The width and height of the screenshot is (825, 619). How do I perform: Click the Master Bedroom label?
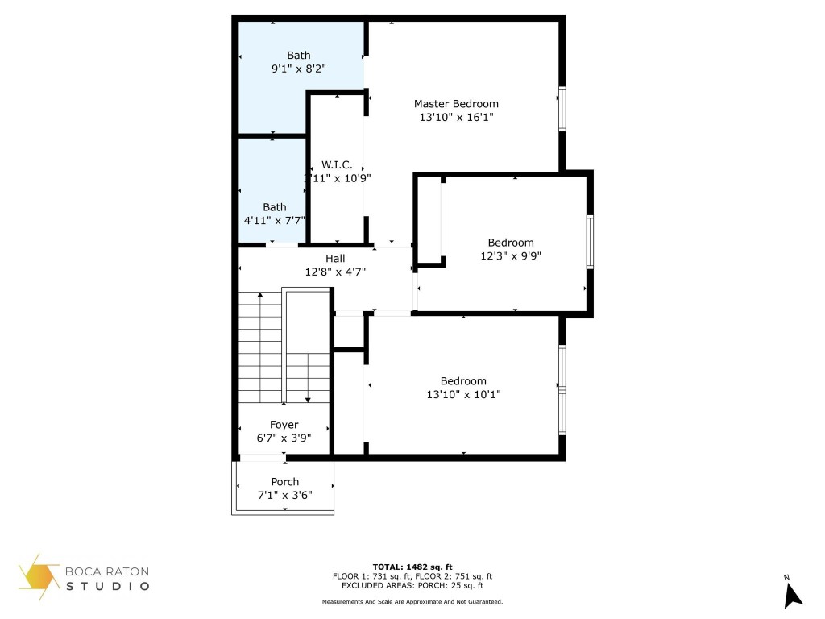tap(456, 104)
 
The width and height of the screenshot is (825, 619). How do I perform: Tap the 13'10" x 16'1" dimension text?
tap(456, 117)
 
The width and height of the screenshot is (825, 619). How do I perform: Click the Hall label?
tap(335, 258)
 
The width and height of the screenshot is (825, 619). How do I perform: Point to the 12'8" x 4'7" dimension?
tap(335, 272)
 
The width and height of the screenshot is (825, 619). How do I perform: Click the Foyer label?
tap(284, 425)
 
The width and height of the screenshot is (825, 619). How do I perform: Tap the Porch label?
tap(284, 482)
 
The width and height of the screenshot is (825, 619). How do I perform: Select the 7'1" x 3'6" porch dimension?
tap(284, 495)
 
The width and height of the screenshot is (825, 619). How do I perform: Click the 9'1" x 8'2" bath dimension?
tap(298, 69)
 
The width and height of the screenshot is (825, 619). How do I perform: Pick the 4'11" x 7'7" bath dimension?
tap(274, 220)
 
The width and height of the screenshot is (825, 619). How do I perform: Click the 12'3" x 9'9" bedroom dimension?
tap(511, 255)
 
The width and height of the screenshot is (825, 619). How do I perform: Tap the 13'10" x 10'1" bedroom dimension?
tap(463, 394)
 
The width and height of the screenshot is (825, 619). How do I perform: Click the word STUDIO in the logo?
tap(107, 586)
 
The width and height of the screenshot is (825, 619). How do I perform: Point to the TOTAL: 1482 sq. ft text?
tap(412, 567)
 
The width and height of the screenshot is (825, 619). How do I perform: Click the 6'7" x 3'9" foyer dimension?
tap(284, 438)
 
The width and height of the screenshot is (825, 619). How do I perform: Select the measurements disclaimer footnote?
tap(412, 601)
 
